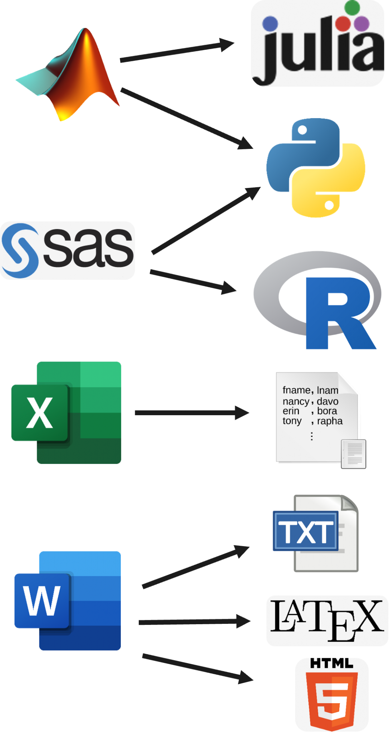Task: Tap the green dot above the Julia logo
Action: pyautogui.click(x=353, y=8)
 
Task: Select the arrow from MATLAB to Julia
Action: pyautogui.click(x=177, y=52)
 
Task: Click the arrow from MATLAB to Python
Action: pyautogui.click(x=186, y=118)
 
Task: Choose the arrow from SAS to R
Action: pyautogui.click(x=193, y=281)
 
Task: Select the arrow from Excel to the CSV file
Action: pyautogui.click(x=191, y=413)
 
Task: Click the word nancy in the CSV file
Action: pyautogui.click(x=295, y=402)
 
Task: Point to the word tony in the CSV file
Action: pyautogui.click(x=292, y=421)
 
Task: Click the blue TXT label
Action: pyautogui.click(x=305, y=531)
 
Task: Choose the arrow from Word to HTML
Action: pyautogui.click(x=197, y=668)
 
